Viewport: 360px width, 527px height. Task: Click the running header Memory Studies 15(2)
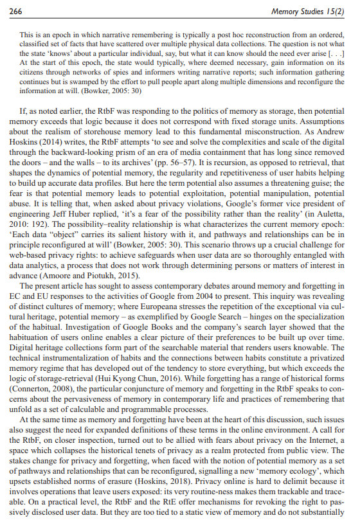coord(309,11)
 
